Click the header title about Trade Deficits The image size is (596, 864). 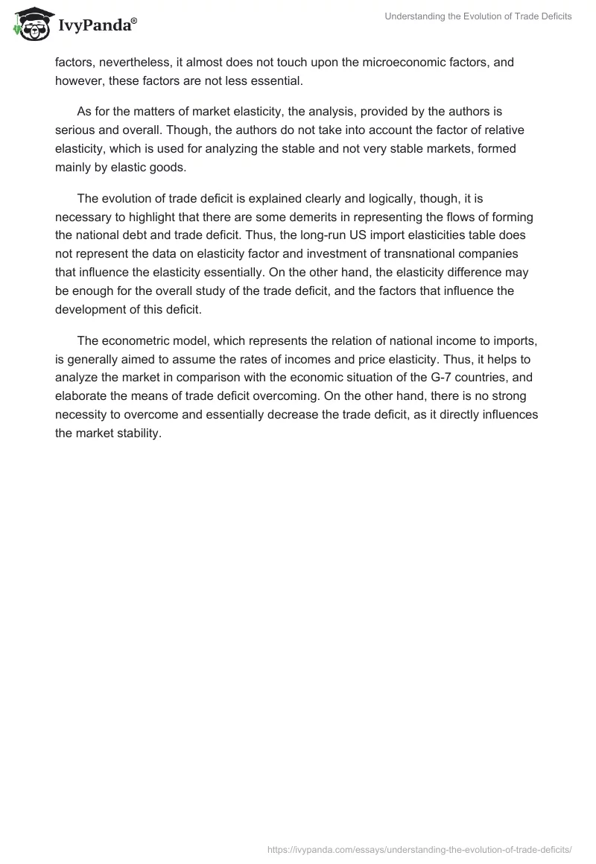pyautogui.click(x=478, y=16)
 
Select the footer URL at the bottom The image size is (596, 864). pyautogui.click(x=419, y=848)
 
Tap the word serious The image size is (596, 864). pyautogui.click(x=75, y=130)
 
